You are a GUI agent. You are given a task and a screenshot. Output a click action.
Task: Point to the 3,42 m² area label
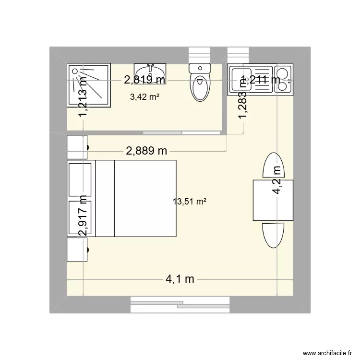point(144,97)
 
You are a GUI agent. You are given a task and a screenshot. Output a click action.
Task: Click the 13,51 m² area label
point(190,202)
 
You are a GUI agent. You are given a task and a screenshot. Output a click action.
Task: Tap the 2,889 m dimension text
point(146,151)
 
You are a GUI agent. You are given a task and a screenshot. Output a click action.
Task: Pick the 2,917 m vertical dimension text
point(83,216)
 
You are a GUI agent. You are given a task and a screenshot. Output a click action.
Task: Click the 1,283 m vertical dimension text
point(243,98)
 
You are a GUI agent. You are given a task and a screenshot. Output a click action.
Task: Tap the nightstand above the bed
point(77,147)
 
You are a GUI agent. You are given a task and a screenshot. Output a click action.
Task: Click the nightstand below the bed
point(77,250)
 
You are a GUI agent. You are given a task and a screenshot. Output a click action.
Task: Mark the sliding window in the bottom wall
point(180,303)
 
